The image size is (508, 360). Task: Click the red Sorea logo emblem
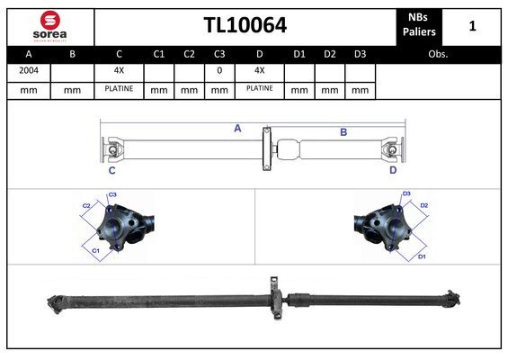pyautogui.click(x=50, y=20)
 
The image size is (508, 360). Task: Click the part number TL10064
pyautogui.click(x=245, y=25)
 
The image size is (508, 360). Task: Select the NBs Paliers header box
pyautogui.click(x=419, y=27)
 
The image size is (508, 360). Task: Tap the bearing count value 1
pyautogui.click(x=472, y=26)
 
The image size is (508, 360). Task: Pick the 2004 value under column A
pyautogui.click(x=29, y=70)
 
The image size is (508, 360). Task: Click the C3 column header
pyautogui.click(x=219, y=54)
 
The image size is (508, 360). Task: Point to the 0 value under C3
pyautogui.click(x=219, y=70)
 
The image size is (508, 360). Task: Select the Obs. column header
pyautogui.click(x=438, y=54)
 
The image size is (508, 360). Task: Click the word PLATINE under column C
pyautogui.click(x=119, y=88)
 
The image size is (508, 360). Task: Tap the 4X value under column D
pyautogui.click(x=260, y=70)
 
